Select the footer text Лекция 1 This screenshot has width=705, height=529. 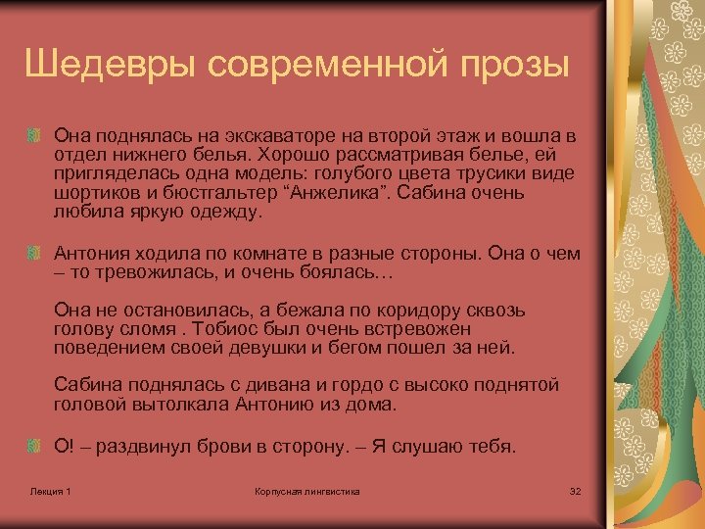[x=50, y=490]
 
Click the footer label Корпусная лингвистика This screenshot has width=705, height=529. [x=306, y=490]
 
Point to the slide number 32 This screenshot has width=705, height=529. [x=575, y=490]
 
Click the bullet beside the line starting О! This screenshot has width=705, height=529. [x=34, y=446]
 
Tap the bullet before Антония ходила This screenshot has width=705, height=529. [x=34, y=252]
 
